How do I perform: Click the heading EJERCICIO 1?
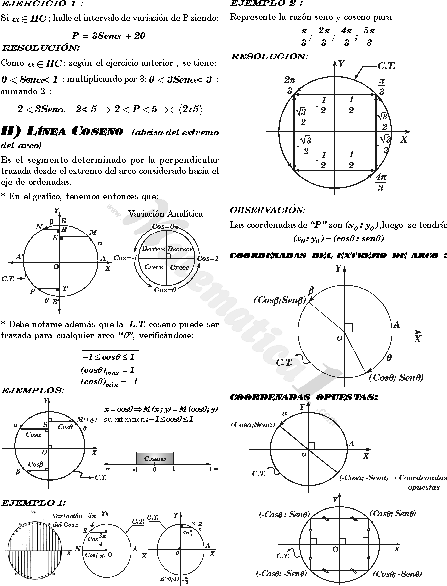pos(42,4)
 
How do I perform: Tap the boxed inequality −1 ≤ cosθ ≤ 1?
pos(110,357)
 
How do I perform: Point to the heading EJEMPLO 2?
pos(267,4)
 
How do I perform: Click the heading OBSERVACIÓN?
pos(268,211)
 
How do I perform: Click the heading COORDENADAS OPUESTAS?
pos(303,397)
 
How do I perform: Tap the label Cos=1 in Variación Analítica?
pos(208,258)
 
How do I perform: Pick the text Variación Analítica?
pos(165,214)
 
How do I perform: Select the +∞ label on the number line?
pos(214,469)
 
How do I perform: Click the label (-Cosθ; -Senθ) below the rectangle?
pos(281,574)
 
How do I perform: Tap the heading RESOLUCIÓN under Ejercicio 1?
pos(40,48)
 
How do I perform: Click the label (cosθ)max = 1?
pos(107,371)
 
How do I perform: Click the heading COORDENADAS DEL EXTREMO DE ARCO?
pos(338,256)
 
